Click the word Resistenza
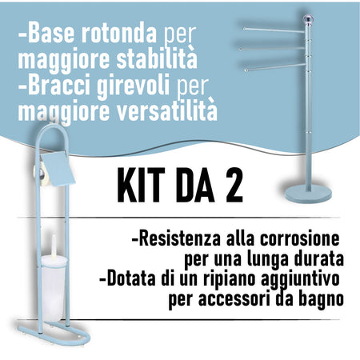(x=176, y=239)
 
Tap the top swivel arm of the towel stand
(x=272, y=30)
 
